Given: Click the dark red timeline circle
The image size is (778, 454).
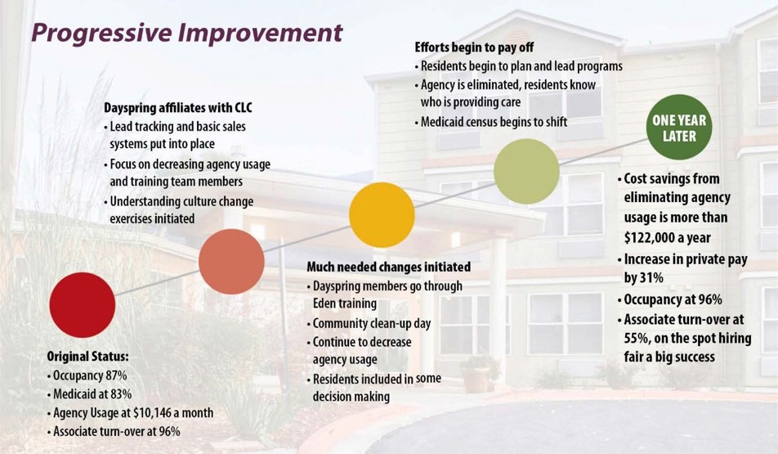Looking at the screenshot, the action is click(x=83, y=305).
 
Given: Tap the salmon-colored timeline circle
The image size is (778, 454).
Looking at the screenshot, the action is click(x=231, y=262).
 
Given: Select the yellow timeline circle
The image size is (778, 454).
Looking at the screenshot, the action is click(x=382, y=214).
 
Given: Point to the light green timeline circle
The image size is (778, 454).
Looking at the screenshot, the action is click(x=526, y=171).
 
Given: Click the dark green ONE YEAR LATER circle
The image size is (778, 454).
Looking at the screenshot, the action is click(x=679, y=127).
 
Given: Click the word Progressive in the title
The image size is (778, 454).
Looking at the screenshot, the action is click(x=101, y=34).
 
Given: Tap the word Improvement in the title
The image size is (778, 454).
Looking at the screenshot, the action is click(x=261, y=32).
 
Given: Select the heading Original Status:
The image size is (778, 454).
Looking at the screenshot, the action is click(x=87, y=357).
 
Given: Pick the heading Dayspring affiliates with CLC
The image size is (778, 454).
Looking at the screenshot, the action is click(x=178, y=107).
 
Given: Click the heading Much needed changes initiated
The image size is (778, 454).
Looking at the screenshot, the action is click(x=388, y=267).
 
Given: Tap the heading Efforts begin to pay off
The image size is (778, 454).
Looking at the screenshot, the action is click(x=474, y=47).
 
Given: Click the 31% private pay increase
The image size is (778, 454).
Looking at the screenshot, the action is click(x=651, y=277).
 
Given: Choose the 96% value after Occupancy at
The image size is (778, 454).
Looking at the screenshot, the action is click(x=709, y=299).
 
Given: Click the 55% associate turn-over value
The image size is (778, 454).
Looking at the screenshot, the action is click(x=636, y=339).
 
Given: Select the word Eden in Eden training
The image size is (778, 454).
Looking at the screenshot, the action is click(x=325, y=303).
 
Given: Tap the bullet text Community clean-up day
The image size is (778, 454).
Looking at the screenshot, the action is click(x=372, y=324).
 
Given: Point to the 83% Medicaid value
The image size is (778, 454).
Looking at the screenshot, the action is click(x=119, y=394).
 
